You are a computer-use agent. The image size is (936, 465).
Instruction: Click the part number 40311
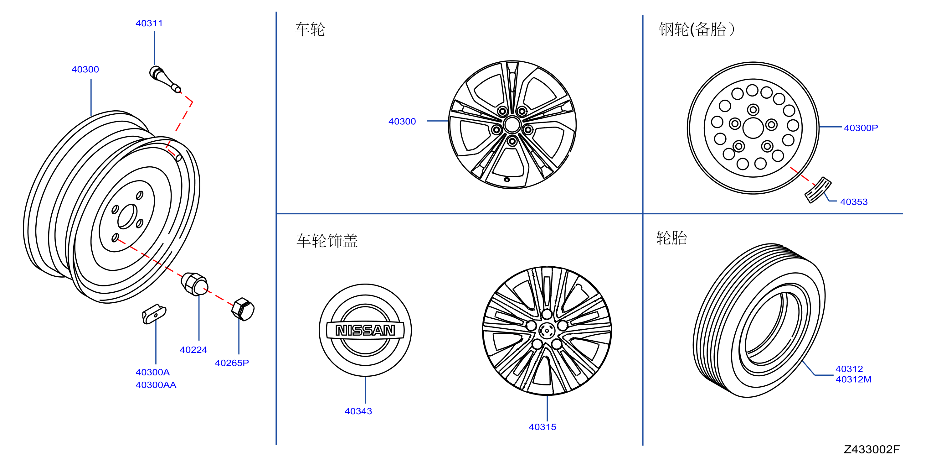click(x=149, y=23)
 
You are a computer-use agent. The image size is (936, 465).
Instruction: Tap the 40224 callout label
click(x=193, y=350)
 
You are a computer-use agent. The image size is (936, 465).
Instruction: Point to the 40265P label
click(x=232, y=363)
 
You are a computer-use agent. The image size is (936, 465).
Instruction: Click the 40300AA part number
click(x=156, y=385)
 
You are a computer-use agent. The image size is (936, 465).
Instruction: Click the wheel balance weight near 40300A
click(x=154, y=314)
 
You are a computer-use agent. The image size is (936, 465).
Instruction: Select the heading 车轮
click(x=310, y=29)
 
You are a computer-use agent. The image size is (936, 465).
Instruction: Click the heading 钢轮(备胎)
click(x=696, y=29)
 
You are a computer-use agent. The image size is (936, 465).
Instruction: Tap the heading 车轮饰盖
click(x=327, y=241)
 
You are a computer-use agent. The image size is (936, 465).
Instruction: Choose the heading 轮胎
click(x=671, y=238)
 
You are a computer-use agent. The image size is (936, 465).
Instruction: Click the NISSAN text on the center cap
click(x=365, y=330)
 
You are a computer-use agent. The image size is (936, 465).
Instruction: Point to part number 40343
click(x=358, y=411)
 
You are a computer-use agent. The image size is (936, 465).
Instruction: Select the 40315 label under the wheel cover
click(x=543, y=427)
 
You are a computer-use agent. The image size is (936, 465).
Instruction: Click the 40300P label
click(x=861, y=128)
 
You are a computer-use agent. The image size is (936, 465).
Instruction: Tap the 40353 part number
click(x=854, y=202)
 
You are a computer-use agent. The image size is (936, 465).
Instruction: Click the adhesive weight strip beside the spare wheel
click(x=818, y=190)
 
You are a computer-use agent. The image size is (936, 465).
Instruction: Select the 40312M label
click(x=854, y=379)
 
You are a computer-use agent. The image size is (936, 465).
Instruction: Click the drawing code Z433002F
click(x=872, y=449)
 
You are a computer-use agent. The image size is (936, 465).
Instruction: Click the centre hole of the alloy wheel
click(x=512, y=125)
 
